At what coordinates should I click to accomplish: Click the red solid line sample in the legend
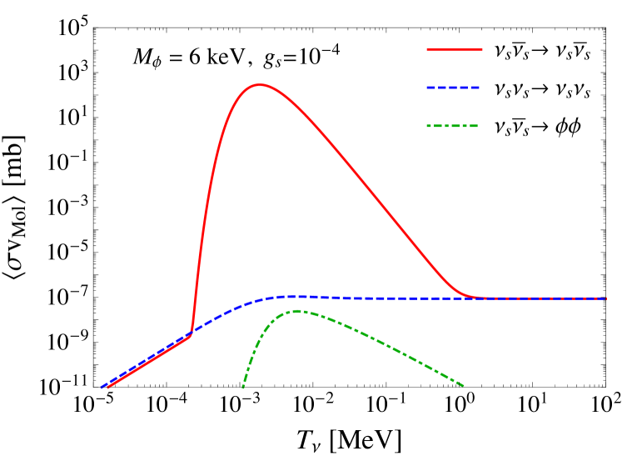pyautogui.click(x=455, y=50)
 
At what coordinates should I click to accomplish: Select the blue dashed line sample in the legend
pyautogui.click(x=453, y=88)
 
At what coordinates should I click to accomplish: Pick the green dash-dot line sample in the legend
pyautogui.click(x=452, y=126)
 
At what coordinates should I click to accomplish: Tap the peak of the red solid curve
pyautogui.click(x=261, y=84)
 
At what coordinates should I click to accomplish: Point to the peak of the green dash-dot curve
pyautogui.click(x=297, y=311)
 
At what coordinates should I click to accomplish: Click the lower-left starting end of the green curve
pyautogui.click(x=242, y=388)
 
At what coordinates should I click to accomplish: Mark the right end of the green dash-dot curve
pyautogui.click(x=463, y=385)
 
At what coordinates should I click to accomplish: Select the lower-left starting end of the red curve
pyautogui.click(x=107, y=388)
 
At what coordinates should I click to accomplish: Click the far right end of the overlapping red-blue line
pyautogui.click(x=606, y=298)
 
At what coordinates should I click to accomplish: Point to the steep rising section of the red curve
pyautogui.click(x=205, y=208)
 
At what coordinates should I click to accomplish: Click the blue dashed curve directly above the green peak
pyautogui.click(x=297, y=296)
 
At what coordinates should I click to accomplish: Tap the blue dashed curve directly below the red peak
pyautogui.click(x=261, y=299)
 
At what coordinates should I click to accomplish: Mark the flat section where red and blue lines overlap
pyautogui.click(x=541, y=298)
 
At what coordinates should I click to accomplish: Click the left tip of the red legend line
pyautogui.click(x=428, y=50)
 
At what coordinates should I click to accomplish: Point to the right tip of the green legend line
pyautogui.click(x=477, y=126)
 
